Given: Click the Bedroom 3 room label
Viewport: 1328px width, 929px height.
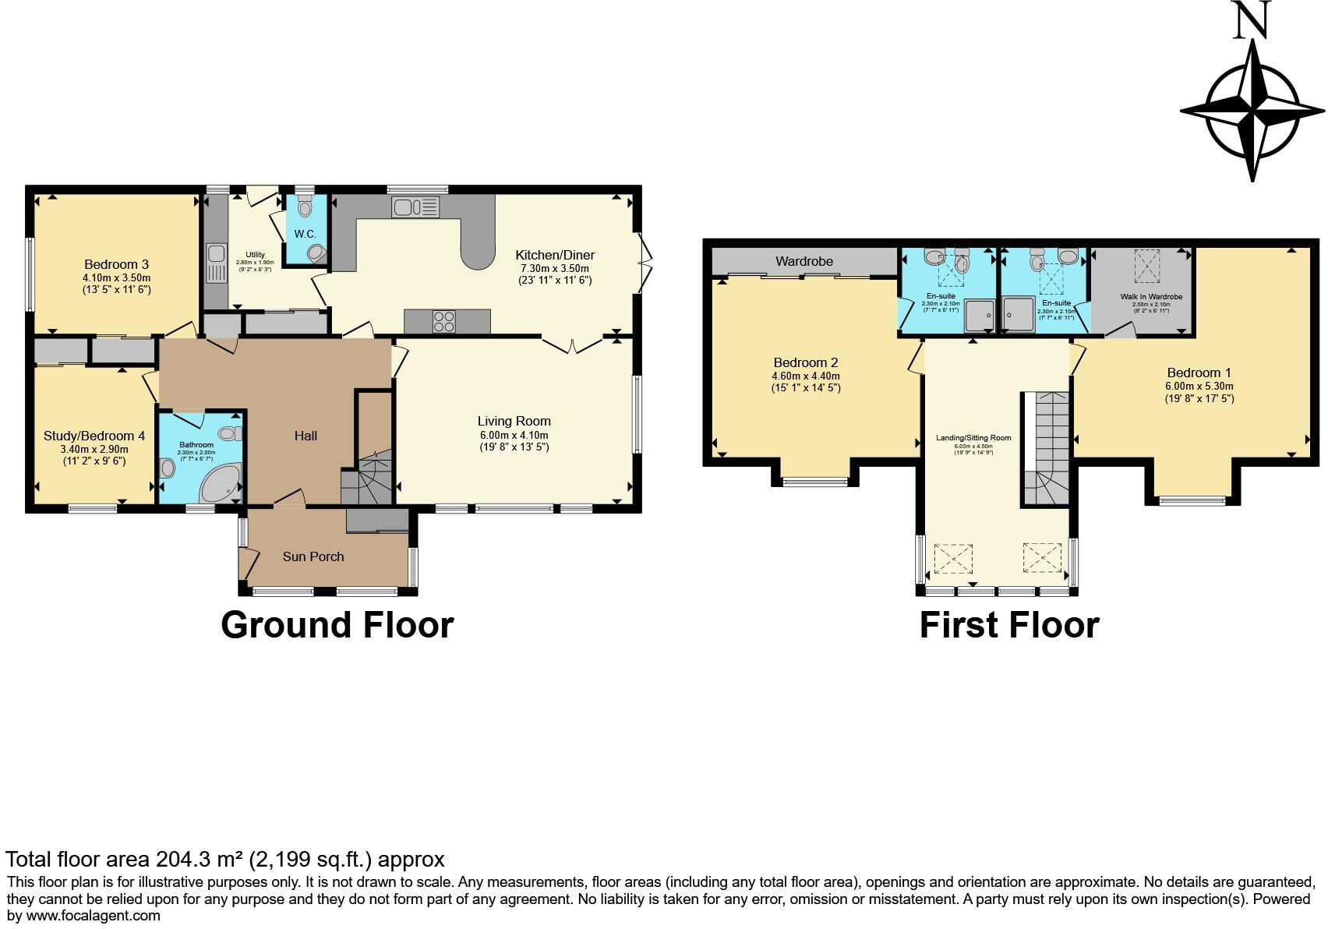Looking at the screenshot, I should [x=116, y=264].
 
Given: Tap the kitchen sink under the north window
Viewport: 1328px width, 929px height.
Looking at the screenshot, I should [x=415, y=207].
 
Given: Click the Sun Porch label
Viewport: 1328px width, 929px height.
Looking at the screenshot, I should [x=313, y=556].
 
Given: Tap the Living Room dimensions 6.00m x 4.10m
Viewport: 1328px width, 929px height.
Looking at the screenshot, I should [x=514, y=435].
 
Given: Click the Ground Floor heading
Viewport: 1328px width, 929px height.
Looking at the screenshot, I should [x=337, y=625].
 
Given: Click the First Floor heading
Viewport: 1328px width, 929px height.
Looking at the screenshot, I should [x=1008, y=625].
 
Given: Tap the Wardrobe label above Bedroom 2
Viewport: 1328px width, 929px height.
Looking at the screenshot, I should [x=804, y=262].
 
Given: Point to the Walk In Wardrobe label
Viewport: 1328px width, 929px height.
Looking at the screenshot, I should [x=1151, y=297].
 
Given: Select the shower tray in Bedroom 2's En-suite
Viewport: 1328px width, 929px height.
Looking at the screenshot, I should [x=980, y=315].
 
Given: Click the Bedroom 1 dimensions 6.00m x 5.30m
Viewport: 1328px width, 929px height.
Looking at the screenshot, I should [x=1199, y=386].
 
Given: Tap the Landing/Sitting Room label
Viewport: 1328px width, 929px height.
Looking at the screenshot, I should [x=973, y=438].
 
